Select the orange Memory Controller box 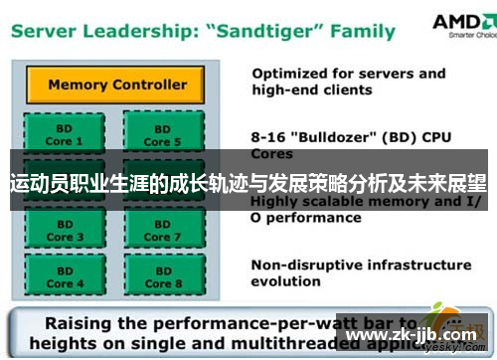[x=116, y=85]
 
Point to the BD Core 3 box [x=60, y=231]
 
